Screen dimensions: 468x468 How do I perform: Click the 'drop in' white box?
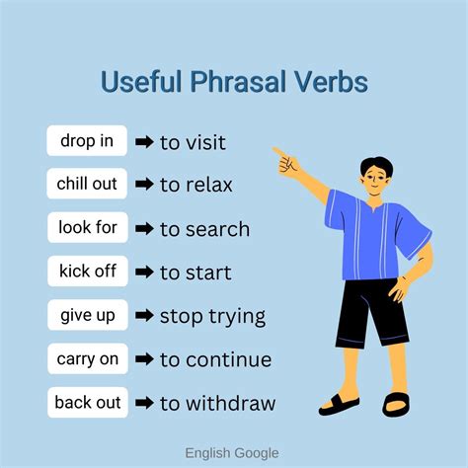pyautogui.click(x=87, y=141)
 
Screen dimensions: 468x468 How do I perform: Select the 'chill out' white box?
pyautogui.click(x=87, y=185)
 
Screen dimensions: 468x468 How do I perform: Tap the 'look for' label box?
pyautogui.click(x=87, y=228)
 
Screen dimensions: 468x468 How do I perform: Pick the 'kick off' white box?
pyautogui.click(x=87, y=272)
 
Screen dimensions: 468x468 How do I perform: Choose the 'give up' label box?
pyautogui.click(x=87, y=316)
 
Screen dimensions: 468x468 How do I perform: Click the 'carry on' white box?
pyautogui.click(x=87, y=359)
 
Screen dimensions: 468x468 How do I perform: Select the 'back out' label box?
pyautogui.click(x=87, y=403)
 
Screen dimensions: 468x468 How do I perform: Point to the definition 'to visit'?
pyautogui.click(x=193, y=142)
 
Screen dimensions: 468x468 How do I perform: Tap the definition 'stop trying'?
pyautogui.click(x=212, y=317)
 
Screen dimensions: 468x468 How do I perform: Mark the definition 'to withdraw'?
pyautogui.click(x=217, y=404)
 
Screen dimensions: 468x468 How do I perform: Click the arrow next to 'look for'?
pyautogui.click(x=144, y=229)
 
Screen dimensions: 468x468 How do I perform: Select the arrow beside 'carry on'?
pyautogui.click(x=144, y=360)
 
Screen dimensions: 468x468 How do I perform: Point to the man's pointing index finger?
pyautogui.click(x=278, y=152)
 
